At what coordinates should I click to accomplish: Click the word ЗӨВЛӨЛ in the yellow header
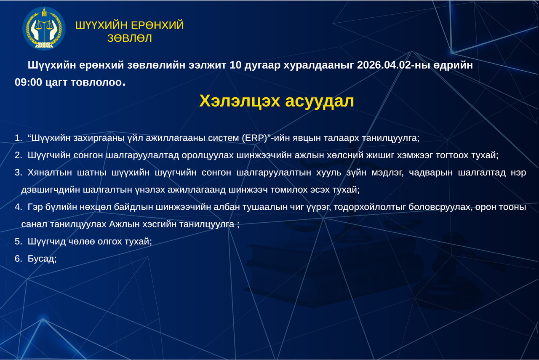point(130,38)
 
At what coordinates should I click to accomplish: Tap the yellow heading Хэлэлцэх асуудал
point(276,101)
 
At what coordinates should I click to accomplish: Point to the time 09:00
point(28,82)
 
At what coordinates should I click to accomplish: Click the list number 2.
point(18,155)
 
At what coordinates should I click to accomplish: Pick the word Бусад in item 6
point(42,259)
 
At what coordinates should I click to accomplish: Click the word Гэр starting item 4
point(36,207)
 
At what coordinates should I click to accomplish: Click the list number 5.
point(18,242)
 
